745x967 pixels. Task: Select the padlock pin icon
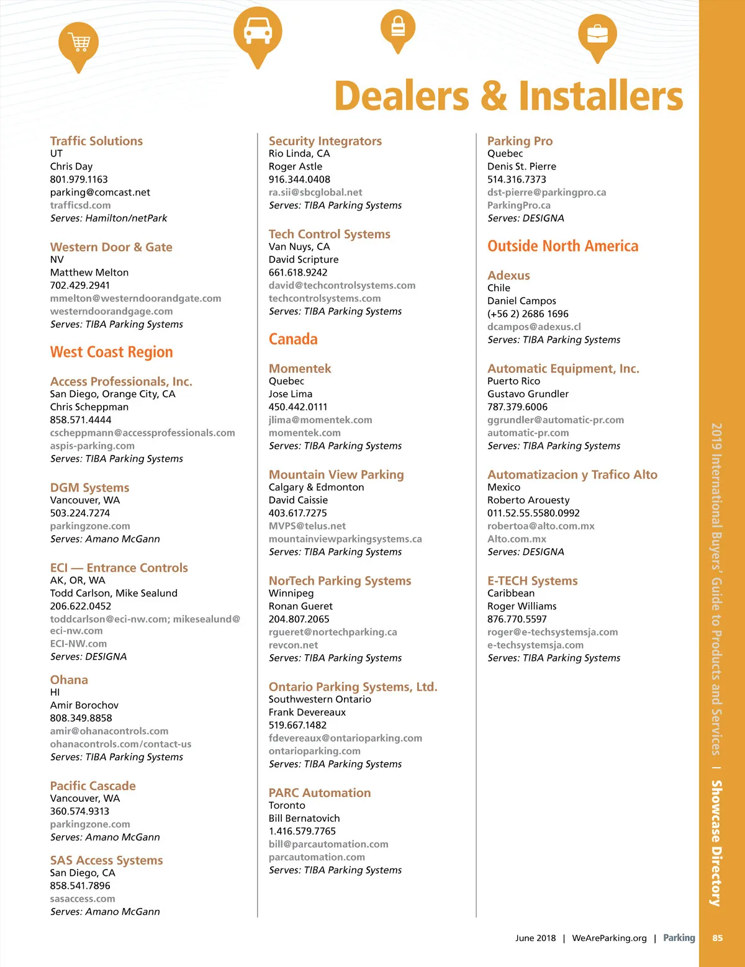[398, 28]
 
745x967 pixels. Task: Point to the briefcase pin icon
[597, 34]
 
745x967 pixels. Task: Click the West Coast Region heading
[112, 353]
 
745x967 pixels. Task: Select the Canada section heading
[293, 340]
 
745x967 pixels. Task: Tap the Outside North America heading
[562, 246]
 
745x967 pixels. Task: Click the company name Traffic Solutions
[96, 141]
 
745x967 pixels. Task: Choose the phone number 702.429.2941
[80, 286]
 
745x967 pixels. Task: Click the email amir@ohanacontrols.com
[109, 731]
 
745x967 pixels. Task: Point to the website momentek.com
[304, 433]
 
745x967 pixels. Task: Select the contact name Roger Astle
[296, 166]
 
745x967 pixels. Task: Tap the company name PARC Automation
[320, 793]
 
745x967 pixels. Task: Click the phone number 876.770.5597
[517, 619]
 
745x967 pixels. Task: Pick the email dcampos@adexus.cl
[534, 327]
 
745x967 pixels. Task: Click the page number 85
[718, 938]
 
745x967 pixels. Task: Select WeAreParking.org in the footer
[609, 938]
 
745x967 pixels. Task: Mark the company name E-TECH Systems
[533, 581]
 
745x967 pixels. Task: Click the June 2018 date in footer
[535, 938]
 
